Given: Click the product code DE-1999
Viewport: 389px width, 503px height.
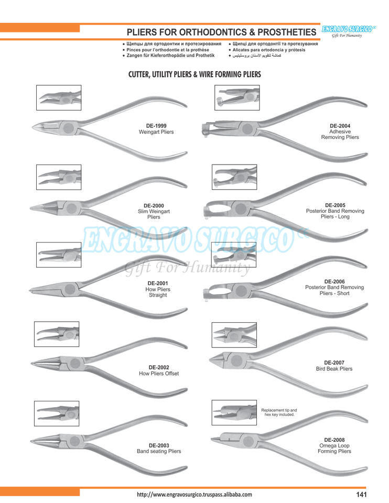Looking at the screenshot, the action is click(x=156, y=126).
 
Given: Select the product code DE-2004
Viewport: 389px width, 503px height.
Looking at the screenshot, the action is click(x=340, y=125).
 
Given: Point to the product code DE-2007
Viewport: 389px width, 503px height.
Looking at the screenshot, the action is click(x=334, y=362).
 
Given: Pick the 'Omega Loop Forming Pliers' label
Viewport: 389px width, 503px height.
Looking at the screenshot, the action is click(x=334, y=446).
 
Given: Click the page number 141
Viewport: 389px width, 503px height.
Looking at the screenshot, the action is click(x=361, y=494).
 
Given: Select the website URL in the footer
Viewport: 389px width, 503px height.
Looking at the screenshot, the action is click(x=194, y=494).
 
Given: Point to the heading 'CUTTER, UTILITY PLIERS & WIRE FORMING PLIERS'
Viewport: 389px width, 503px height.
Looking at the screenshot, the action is click(x=194, y=74).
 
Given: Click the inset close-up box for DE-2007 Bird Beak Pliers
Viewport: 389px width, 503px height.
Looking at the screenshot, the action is click(x=233, y=334).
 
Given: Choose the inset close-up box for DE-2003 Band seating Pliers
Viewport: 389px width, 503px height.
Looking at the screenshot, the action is click(x=56, y=413).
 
